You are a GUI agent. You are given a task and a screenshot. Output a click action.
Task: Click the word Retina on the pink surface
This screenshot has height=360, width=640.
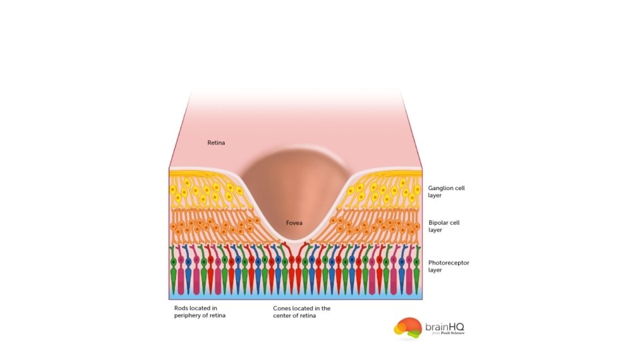click(x=216, y=143)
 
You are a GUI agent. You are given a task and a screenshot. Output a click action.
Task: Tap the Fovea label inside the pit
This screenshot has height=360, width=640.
click(x=295, y=223)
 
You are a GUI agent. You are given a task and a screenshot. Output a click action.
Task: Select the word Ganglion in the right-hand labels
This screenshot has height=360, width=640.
click(x=441, y=189)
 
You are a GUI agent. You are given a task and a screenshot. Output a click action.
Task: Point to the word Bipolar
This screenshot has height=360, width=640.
click(x=439, y=223)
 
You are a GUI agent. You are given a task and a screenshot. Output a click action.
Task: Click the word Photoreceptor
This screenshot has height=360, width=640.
click(x=449, y=263)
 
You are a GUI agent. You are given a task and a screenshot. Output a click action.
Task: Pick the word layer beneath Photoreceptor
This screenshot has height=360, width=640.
click(x=435, y=271)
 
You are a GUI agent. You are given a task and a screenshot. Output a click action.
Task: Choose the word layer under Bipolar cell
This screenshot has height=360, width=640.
click(x=435, y=230)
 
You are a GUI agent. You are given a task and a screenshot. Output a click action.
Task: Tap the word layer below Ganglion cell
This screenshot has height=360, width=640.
click(x=435, y=196)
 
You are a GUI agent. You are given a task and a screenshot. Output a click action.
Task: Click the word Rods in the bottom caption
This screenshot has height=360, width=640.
click(x=181, y=308)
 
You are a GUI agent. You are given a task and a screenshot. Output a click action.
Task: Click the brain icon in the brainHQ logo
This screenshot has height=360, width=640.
click(x=407, y=327)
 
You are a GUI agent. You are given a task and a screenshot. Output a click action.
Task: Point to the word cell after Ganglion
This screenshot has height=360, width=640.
click(x=460, y=189)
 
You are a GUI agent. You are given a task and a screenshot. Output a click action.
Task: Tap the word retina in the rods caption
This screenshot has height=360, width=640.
click(x=217, y=315)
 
